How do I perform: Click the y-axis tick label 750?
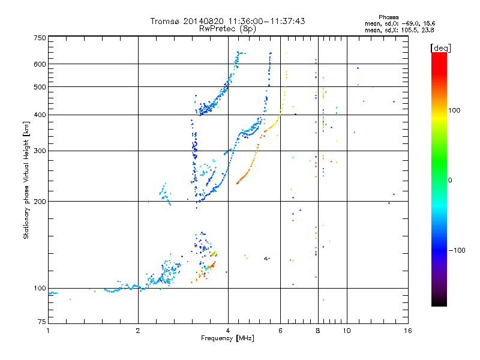(40, 37)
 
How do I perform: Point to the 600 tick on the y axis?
(40, 64)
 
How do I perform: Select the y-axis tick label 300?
(40, 151)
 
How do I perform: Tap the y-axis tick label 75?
(41, 322)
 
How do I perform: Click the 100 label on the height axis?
(40, 289)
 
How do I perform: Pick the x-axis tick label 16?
(407, 331)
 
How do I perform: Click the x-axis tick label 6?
(280, 331)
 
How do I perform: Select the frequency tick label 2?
(138, 331)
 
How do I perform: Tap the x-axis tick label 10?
(347, 331)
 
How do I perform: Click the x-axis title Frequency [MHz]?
(227, 338)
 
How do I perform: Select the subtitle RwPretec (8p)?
(227, 28)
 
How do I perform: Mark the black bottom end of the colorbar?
(439, 304)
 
